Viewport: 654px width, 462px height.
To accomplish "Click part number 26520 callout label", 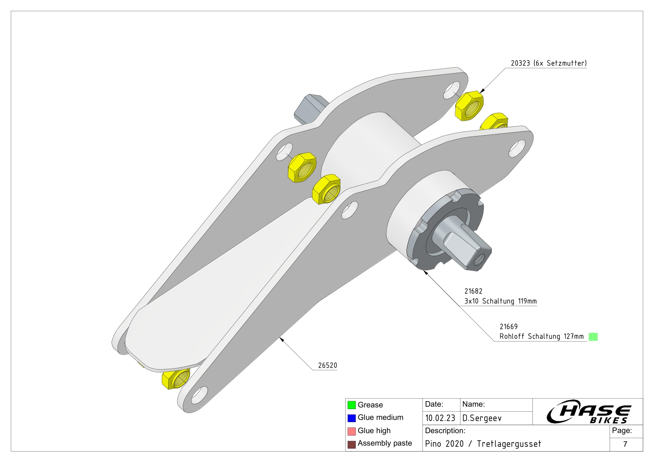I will (327, 365).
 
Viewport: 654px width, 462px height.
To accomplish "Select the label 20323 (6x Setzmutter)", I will (548, 63).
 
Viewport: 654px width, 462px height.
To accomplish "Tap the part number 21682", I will (473, 291).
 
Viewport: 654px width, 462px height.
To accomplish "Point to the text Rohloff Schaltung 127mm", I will (541, 336).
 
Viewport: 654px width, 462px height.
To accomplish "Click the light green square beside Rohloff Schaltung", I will (593, 337).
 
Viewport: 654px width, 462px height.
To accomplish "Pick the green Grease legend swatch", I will (351, 405).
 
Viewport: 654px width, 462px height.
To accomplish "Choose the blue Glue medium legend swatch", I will (351, 418).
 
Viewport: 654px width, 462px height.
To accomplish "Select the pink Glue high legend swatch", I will (351, 431).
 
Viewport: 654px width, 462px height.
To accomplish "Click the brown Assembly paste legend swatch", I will (351, 444).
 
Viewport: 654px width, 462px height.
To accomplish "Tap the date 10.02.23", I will (440, 418).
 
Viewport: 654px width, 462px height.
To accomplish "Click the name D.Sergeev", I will (482, 418).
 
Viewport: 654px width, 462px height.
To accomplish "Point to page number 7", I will (625, 444).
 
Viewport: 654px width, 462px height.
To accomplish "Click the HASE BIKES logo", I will (589, 412).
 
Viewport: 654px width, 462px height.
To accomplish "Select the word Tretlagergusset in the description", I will (509, 444).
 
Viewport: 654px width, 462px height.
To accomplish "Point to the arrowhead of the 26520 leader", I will (282, 339).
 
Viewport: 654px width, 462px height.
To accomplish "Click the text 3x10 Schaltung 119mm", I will (500, 301).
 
